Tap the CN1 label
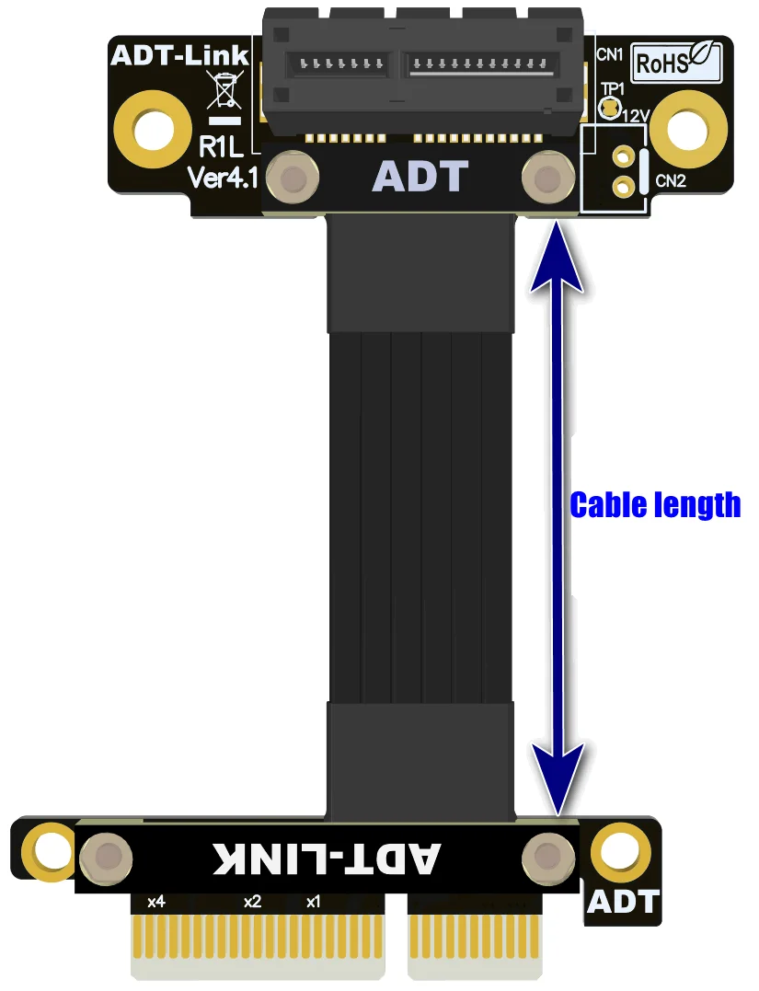click(x=609, y=55)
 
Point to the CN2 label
click(x=671, y=181)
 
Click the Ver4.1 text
click(x=221, y=177)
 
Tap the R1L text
click(x=221, y=147)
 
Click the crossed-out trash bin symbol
click(x=224, y=93)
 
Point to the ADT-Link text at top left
click(x=179, y=55)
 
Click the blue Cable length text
click(x=655, y=505)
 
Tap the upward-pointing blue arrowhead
click(x=557, y=248)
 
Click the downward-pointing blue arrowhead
click(x=557, y=773)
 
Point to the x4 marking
click(x=155, y=902)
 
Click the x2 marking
click(x=253, y=902)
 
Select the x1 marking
click(x=313, y=902)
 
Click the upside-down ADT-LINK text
click(x=328, y=858)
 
